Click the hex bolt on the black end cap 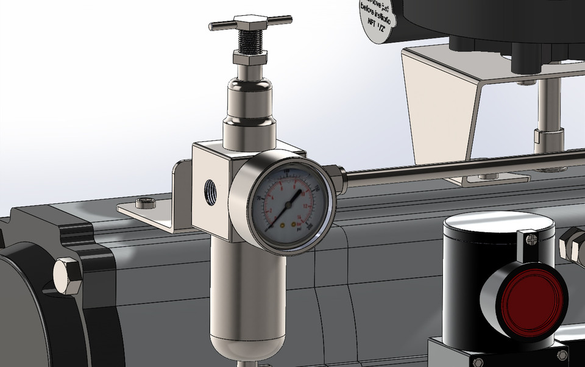(x=66, y=276)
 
